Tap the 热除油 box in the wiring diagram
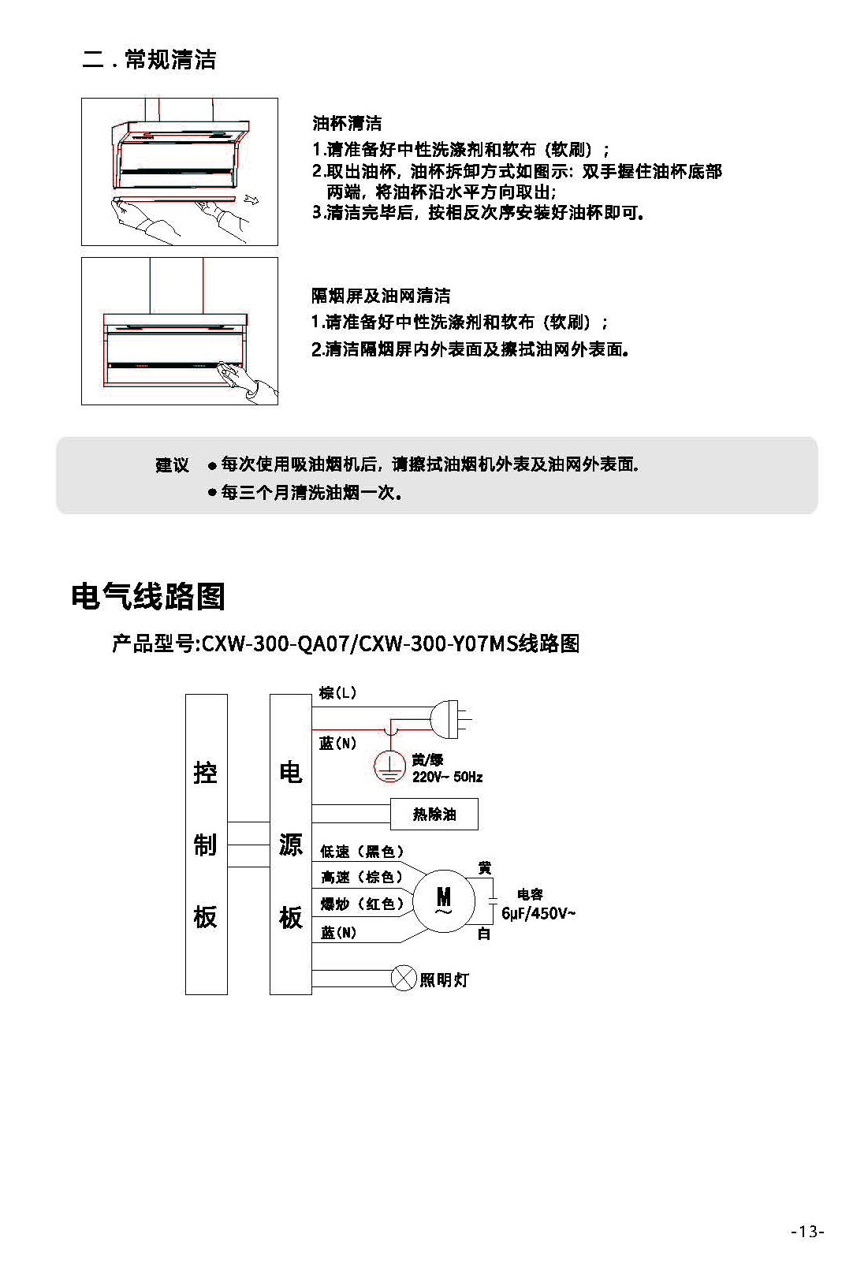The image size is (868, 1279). click(434, 814)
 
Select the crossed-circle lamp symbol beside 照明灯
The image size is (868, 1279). click(404, 978)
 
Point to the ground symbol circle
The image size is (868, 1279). click(389, 766)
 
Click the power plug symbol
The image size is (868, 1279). click(451, 719)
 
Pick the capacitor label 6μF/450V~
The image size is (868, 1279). click(538, 913)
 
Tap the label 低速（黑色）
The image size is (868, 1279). click(362, 852)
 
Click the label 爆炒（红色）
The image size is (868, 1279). click(362, 904)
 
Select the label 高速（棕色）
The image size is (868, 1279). click(362, 877)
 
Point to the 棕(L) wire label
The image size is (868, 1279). click(337, 693)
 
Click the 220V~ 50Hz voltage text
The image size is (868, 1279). click(447, 777)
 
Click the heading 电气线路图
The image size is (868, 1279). click(148, 597)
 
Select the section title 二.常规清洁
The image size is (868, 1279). click(149, 59)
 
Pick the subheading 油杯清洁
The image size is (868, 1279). click(347, 123)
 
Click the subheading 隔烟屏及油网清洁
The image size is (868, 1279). click(381, 295)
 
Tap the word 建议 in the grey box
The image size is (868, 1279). click(172, 464)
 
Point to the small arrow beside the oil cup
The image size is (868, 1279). click(251, 199)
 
